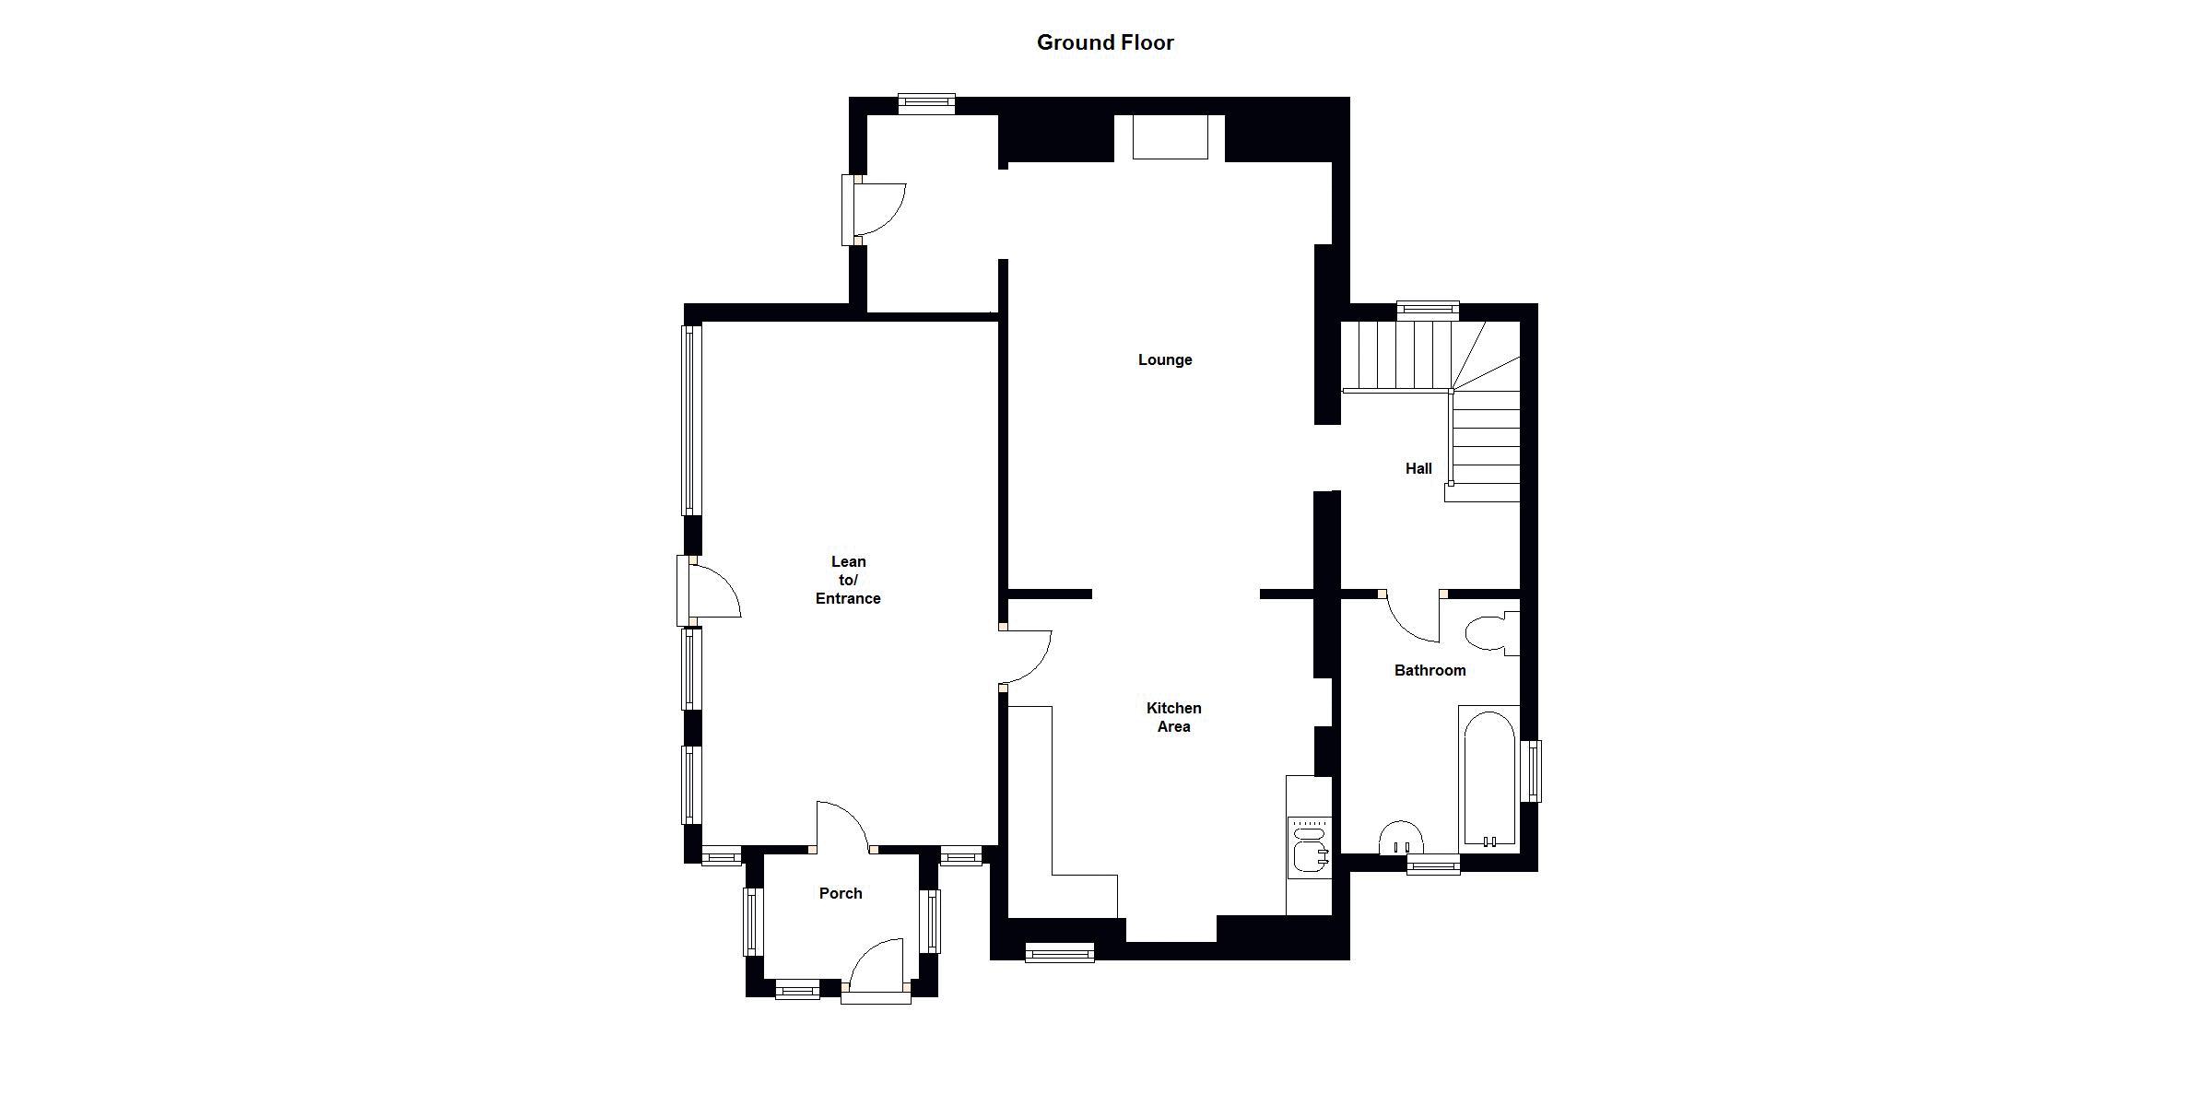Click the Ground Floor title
[x=1105, y=42]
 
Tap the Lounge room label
[x=1165, y=359]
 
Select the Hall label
[x=1418, y=468]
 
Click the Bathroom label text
[x=1430, y=670]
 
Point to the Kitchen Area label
[x=1173, y=717]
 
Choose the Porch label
[x=841, y=893]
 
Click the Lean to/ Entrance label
[x=848, y=580]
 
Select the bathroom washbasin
[x=1401, y=837]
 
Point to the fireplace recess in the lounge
[x=1170, y=138]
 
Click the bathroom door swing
[x=1410, y=618]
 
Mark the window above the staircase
[x=1428, y=311]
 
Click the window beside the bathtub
[x=1530, y=771]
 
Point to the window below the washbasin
[x=1433, y=864]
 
